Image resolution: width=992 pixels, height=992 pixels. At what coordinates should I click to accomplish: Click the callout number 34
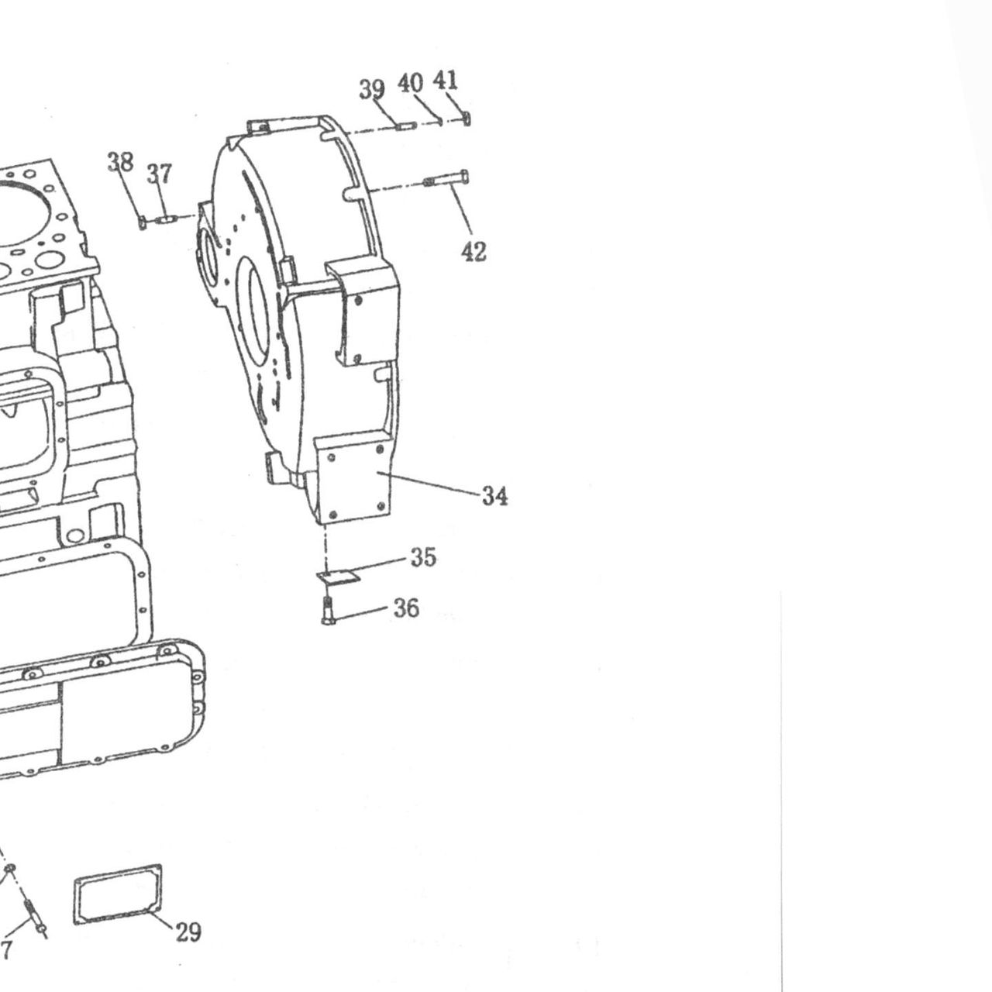(494, 496)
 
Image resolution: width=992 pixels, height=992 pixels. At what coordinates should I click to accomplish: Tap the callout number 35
(423, 557)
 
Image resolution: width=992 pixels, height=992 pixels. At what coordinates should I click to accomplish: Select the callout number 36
(406, 608)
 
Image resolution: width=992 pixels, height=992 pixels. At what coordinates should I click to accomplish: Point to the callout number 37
(159, 174)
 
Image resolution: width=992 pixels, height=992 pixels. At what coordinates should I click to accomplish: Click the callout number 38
(120, 162)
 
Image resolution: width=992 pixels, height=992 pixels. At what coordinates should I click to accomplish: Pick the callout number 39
(372, 88)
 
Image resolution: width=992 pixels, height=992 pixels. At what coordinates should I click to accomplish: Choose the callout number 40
(410, 83)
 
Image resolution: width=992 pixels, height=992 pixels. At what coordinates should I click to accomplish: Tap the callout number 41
(445, 80)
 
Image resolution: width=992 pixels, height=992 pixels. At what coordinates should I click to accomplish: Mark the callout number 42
(474, 252)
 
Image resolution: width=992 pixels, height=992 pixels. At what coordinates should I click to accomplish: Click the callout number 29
(188, 932)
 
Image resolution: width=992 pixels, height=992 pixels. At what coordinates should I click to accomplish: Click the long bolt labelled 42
(446, 179)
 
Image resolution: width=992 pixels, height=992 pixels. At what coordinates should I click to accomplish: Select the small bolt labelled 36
(328, 610)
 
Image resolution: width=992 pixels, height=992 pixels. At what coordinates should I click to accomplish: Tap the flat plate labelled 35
(338, 577)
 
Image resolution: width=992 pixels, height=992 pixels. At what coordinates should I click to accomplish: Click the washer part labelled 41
(467, 119)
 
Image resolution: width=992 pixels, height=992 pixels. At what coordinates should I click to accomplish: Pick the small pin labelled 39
(404, 124)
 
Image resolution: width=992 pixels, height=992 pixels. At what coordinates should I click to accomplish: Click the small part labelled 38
(143, 223)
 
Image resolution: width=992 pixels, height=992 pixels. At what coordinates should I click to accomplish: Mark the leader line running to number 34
(428, 483)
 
